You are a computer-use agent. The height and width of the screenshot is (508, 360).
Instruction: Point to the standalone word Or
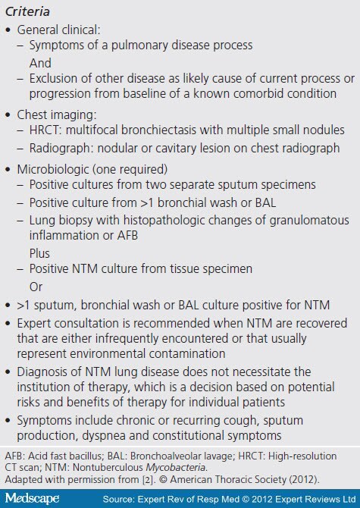tap(36, 287)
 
